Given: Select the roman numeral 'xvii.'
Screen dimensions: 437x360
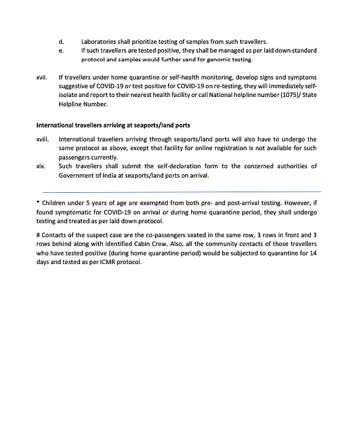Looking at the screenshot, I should [x=42, y=77].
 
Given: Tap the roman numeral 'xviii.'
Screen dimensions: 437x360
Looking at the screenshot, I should [x=43, y=140].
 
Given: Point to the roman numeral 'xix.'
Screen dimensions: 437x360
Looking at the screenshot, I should [x=41, y=166].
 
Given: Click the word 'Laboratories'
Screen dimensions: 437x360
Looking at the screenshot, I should [x=99, y=42].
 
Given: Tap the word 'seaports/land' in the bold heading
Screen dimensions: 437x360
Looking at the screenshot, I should [x=153, y=125].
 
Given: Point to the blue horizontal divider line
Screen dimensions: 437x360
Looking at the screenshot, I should [x=182, y=192].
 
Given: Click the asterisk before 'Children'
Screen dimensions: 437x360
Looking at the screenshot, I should [x=38, y=203].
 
